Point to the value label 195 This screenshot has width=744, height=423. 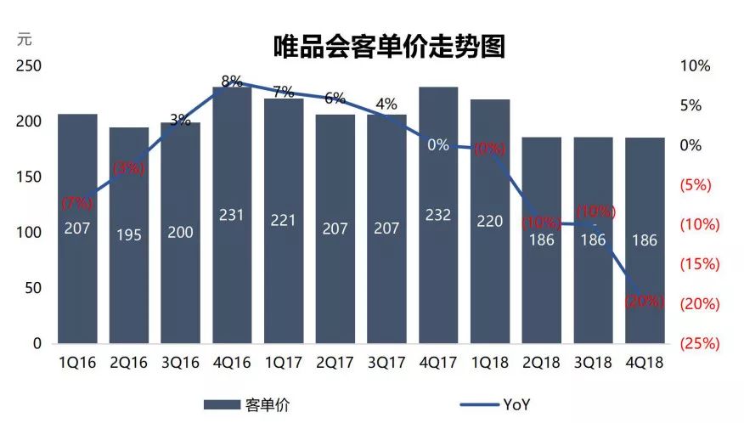[x=129, y=234]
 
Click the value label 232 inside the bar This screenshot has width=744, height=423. [x=438, y=217]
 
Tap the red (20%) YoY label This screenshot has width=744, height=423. [x=644, y=301]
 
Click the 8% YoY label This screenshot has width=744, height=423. [x=232, y=82]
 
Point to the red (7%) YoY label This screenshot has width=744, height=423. [x=77, y=203]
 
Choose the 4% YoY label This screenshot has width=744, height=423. [x=386, y=104]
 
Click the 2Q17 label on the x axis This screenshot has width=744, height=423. [x=335, y=363]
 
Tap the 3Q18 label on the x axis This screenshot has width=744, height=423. [x=593, y=363]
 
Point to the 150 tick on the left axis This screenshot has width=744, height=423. [x=29, y=178]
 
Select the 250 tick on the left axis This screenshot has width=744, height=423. [x=29, y=66]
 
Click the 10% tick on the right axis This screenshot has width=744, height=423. [x=696, y=66]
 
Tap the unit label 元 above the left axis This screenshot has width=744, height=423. [x=25, y=38]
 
